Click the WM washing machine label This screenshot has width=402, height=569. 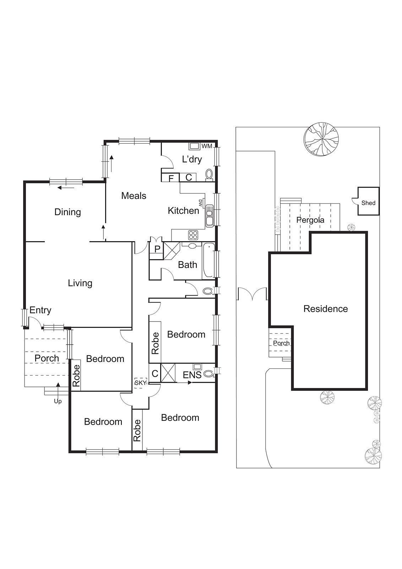(x=206, y=146)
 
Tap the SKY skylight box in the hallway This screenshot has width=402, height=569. (x=141, y=383)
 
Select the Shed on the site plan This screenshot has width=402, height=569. (x=368, y=203)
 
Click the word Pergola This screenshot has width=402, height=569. (x=310, y=220)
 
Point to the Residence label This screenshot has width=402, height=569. (x=325, y=309)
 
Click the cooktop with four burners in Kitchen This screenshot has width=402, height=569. (x=193, y=235)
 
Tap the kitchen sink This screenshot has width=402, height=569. (x=209, y=216)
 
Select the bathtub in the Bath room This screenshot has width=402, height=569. (x=208, y=261)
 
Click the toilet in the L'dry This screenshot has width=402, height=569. (x=209, y=175)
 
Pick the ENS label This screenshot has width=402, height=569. (x=192, y=375)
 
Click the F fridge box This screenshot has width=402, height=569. (x=171, y=178)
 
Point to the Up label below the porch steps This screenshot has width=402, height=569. (x=58, y=401)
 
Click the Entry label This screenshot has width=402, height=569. (x=40, y=310)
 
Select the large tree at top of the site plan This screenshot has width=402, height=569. (x=321, y=139)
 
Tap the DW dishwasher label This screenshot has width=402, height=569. (x=200, y=203)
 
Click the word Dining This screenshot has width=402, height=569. (x=67, y=212)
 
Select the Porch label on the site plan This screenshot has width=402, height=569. (x=281, y=343)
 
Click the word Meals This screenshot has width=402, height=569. (x=134, y=196)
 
